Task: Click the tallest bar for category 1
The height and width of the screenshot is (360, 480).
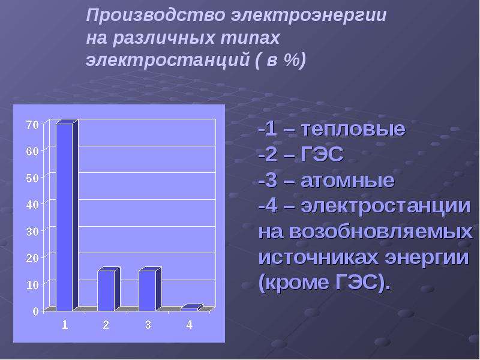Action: (x=67, y=215)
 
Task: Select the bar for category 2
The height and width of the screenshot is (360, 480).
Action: (x=109, y=289)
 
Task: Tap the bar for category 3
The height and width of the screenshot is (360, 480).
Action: (x=150, y=289)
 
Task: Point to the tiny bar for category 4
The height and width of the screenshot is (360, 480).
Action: (x=191, y=308)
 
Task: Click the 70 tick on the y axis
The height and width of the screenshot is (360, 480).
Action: (x=32, y=125)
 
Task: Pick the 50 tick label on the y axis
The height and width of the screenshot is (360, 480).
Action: (x=32, y=178)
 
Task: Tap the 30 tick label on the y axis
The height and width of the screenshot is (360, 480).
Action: (x=32, y=232)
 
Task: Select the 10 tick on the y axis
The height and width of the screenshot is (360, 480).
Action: (x=32, y=285)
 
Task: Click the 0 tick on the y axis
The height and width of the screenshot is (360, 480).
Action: (x=35, y=311)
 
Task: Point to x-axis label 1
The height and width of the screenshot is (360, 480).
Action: (x=65, y=325)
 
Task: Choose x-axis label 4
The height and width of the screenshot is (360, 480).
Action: (x=189, y=325)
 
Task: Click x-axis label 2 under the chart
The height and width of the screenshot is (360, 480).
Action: (x=106, y=325)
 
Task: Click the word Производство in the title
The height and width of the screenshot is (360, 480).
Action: (x=156, y=16)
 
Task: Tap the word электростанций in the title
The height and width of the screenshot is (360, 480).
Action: (x=168, y=59)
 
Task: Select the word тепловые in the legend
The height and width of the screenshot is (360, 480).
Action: (x=353, y=129)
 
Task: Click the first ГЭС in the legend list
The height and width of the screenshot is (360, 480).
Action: (x=322, y=154)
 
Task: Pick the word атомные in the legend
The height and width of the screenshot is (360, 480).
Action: (x=347, y=181)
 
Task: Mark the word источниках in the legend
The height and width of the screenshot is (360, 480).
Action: (x=319, y=258)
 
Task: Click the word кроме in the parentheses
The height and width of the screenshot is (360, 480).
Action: (x=298, y=283)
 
